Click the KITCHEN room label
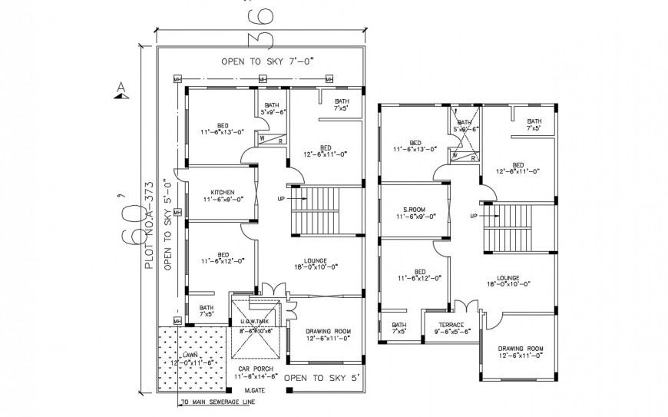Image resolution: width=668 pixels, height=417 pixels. coord(222,192)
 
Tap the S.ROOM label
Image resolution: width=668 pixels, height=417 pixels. coord(415,210)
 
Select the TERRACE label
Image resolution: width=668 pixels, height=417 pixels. coord(451,324)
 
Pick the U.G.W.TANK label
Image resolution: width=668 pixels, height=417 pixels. coord(253,321)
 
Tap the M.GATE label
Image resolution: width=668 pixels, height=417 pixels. coord(253,390)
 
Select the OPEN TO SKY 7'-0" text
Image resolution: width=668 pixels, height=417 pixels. coord(268,61)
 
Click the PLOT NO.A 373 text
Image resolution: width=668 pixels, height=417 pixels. coord(150,223)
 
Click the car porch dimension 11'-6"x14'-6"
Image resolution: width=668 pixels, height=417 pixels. coord(254,377)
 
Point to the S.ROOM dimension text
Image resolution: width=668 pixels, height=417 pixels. coord(415,217)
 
